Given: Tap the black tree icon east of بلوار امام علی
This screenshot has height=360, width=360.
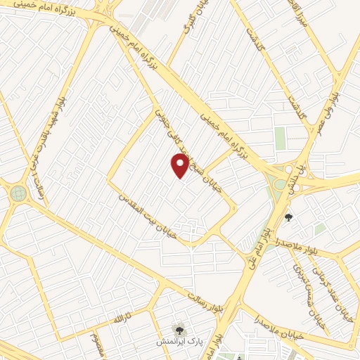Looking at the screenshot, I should (x=288, y=216).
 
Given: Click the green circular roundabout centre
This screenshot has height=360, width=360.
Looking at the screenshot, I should (x=17, y=193).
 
